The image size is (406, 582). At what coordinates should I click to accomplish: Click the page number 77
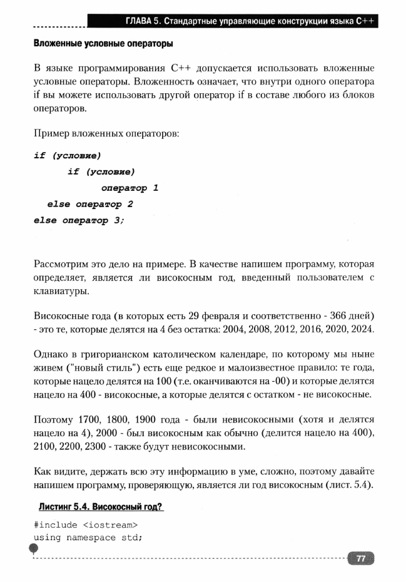click(x=361, y=559)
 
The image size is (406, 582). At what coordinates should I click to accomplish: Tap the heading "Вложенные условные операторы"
click(x=103, y=45)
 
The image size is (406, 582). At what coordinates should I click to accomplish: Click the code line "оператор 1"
click(x=129, y=188)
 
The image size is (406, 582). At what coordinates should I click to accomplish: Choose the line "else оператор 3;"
click(x=79, y=220)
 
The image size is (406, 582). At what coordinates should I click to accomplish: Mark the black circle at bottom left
click(x=33, y=549)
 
